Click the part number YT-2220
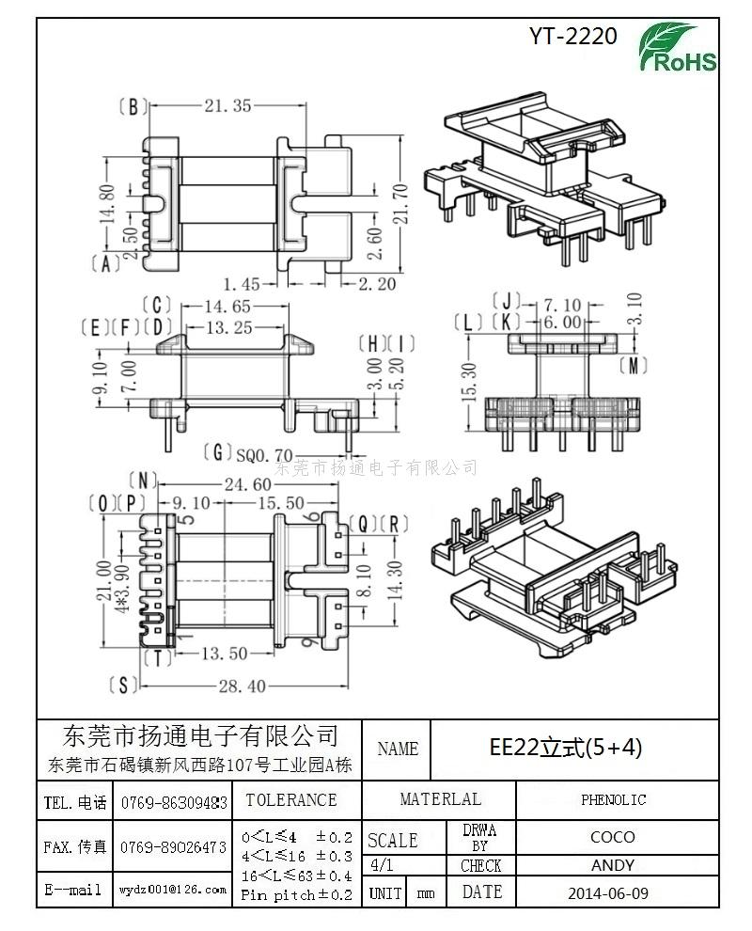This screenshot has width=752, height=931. coord(572,37)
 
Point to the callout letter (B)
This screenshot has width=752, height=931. coord(134,107)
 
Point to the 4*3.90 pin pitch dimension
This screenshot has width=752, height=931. coord(120,574)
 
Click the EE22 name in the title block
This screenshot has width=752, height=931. coord(566,748)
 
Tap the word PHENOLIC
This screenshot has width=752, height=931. coord(613,800)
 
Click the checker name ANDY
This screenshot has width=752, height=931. coord(612,865)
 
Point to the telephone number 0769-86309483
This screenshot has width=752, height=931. coord(175,803)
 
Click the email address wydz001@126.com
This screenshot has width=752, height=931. coord(173,889)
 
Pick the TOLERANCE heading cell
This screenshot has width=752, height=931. coord(290,800)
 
